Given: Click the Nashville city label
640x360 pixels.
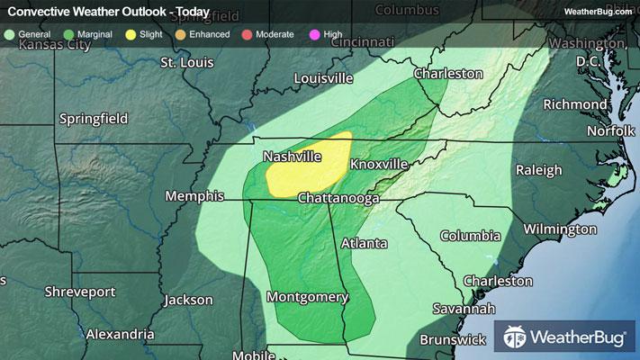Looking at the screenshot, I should [293, 157].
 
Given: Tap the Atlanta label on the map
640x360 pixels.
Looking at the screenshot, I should [364, 243].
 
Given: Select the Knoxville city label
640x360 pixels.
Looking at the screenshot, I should [379, 165].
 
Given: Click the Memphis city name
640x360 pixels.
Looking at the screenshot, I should [194, 195].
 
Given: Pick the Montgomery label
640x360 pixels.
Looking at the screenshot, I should [307, 296].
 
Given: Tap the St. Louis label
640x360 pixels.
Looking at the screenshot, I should [185, 62].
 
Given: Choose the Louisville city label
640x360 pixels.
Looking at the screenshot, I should [323, 78].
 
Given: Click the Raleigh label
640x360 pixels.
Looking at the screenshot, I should [538, 170].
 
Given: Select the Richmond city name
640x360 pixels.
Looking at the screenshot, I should [574, 104].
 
